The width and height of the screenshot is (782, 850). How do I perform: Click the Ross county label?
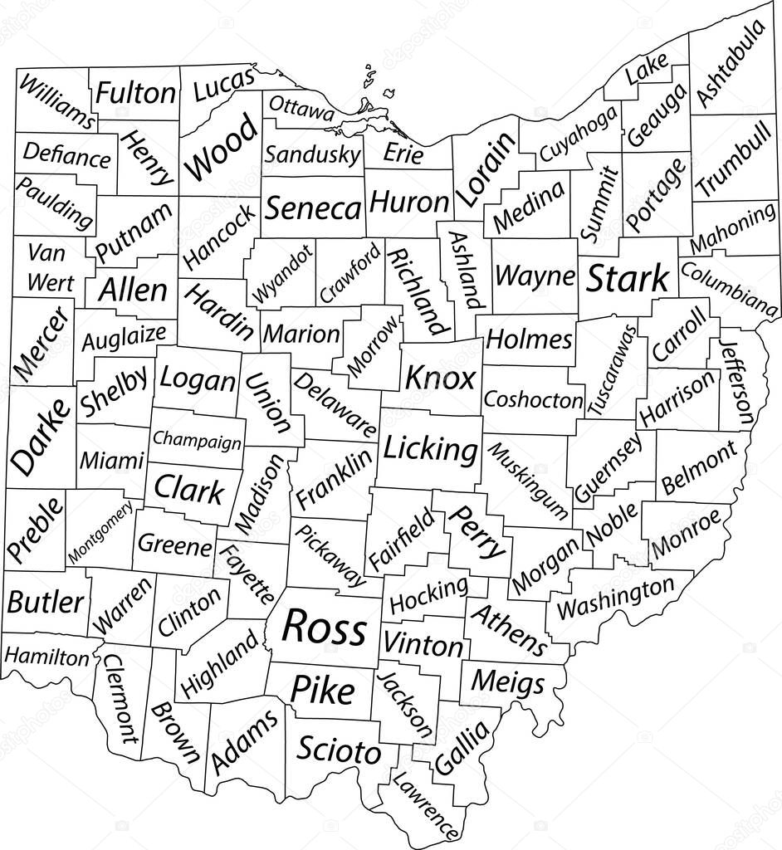(x=324, y=628)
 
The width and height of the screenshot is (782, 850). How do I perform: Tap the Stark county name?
(x=628, y=280)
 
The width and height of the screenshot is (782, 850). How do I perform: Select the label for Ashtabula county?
(x=731, y=64)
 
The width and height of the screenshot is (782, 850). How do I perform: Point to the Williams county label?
(x=56, y=102)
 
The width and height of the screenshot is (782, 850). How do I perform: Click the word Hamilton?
(x=46, y=657)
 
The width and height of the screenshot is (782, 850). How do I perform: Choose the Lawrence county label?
(x=425, y=804)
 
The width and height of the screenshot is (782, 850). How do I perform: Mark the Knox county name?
(x=440, y=379)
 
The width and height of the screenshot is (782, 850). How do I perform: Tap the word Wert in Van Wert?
(x=50, y=281)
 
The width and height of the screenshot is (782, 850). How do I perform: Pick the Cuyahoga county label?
(x=579, y=134)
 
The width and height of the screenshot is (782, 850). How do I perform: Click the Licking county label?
(x=431, y=449)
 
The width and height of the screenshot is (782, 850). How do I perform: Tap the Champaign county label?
(x=198, y=440)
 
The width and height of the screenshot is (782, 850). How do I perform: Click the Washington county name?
(x=615, y=598)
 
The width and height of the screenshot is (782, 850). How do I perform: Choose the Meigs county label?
(x=508, y=682)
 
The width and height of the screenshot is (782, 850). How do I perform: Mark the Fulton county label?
(x=135, y=93)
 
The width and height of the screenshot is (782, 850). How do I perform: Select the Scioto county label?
(x=339, y=751)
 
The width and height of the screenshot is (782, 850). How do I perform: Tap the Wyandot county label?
(x=284, y=273)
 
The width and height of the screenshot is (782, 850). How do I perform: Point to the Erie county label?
(x=404, y=154)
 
